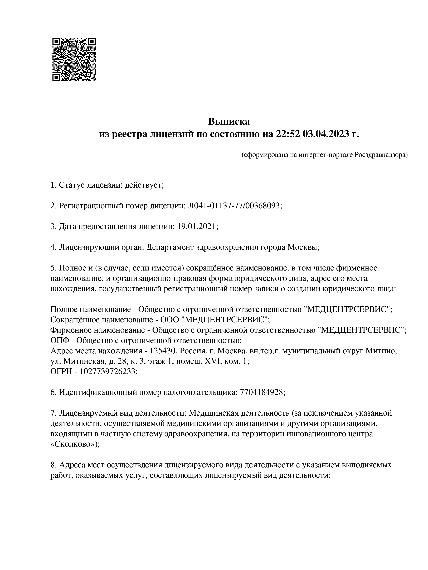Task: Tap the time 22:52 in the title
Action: [x=288, y=134]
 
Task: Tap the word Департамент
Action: [x=170, y=247]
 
